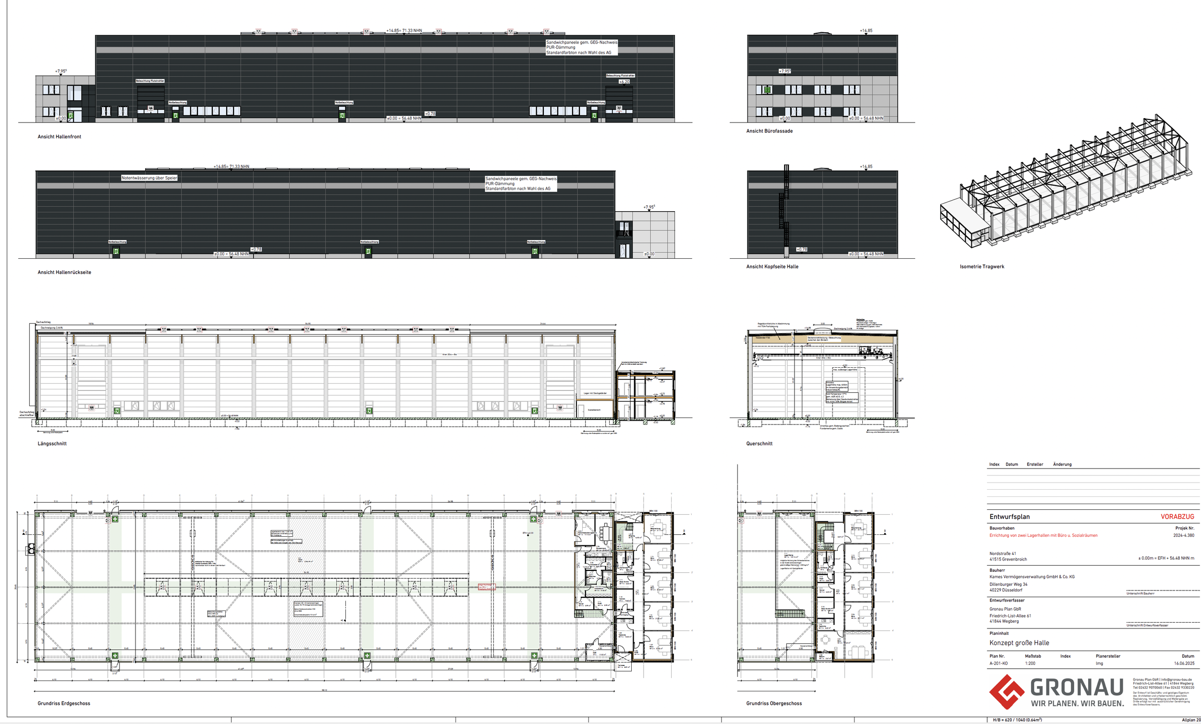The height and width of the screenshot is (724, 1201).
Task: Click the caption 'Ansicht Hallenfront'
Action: click(60, 137)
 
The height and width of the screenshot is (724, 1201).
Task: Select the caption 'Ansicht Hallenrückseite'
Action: click(64, 272)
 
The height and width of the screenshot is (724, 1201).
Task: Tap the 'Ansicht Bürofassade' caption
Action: click(769, 131)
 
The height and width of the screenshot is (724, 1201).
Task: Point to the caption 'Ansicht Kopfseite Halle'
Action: click(772, 266)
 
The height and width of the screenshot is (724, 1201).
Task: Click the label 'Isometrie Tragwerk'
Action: click(981, 266)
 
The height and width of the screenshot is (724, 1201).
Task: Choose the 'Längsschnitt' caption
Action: click(52, 444)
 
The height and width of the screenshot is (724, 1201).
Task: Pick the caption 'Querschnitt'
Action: click(759, 444)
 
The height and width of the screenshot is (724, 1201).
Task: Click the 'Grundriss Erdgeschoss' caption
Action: click(64, 703)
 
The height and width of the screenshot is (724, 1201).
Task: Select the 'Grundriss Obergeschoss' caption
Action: click(773, 703)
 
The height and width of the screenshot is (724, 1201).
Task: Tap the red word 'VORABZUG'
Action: click(1177, 517)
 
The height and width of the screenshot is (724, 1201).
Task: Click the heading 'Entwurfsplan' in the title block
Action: click(1008, 517)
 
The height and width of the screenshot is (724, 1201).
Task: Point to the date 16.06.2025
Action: click(1184, 664)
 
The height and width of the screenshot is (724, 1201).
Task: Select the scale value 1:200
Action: click(1030, 664)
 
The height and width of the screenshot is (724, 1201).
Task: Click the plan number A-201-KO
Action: click(998, 664)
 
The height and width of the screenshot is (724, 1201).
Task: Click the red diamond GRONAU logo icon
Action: click(1006, 692)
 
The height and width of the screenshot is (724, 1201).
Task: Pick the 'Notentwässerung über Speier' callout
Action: click(149, 178)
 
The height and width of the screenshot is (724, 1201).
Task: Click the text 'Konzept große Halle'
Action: click(1019, 643)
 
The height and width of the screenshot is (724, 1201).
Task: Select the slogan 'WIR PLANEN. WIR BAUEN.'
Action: click(1077, 703)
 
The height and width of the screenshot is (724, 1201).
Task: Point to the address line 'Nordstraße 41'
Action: click(1003, 554)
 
